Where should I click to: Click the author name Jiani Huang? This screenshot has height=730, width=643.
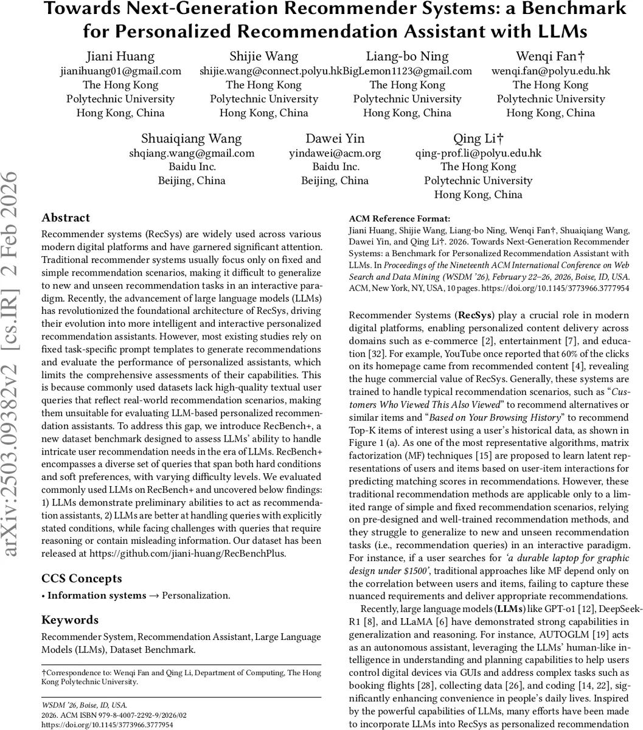point(120,57)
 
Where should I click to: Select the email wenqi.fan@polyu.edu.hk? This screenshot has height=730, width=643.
point(551,71)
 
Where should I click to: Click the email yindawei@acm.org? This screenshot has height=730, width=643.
point(335,153)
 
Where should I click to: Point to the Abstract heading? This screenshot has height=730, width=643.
point(66,218)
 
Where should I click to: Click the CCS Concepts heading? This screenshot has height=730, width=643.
point(82,579)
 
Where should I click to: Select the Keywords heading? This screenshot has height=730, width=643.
point(70,620)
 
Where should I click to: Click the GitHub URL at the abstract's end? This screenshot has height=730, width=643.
point(188,553)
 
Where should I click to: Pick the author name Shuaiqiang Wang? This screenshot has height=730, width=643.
point(192,139)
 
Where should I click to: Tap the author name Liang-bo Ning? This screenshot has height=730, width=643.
point(407,57)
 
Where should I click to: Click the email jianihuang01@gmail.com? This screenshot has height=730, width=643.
point(120,71)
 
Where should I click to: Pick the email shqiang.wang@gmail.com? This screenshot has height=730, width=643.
point(192,153)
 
